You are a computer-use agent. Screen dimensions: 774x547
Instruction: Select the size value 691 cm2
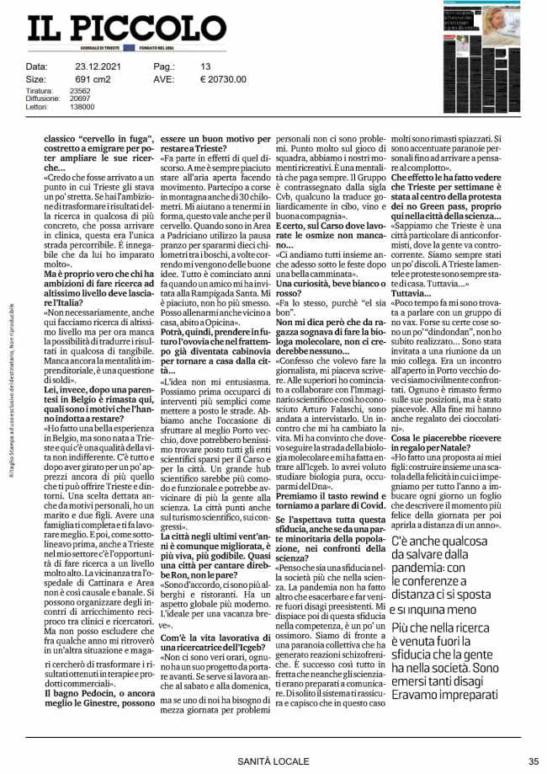[x=93, y=79]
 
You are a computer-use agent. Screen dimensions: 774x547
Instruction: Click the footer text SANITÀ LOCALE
[x=273, y=761]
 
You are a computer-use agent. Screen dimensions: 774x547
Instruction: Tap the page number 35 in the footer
[x=533, y=761]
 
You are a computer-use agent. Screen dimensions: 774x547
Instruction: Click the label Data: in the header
[x=37, y=66]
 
